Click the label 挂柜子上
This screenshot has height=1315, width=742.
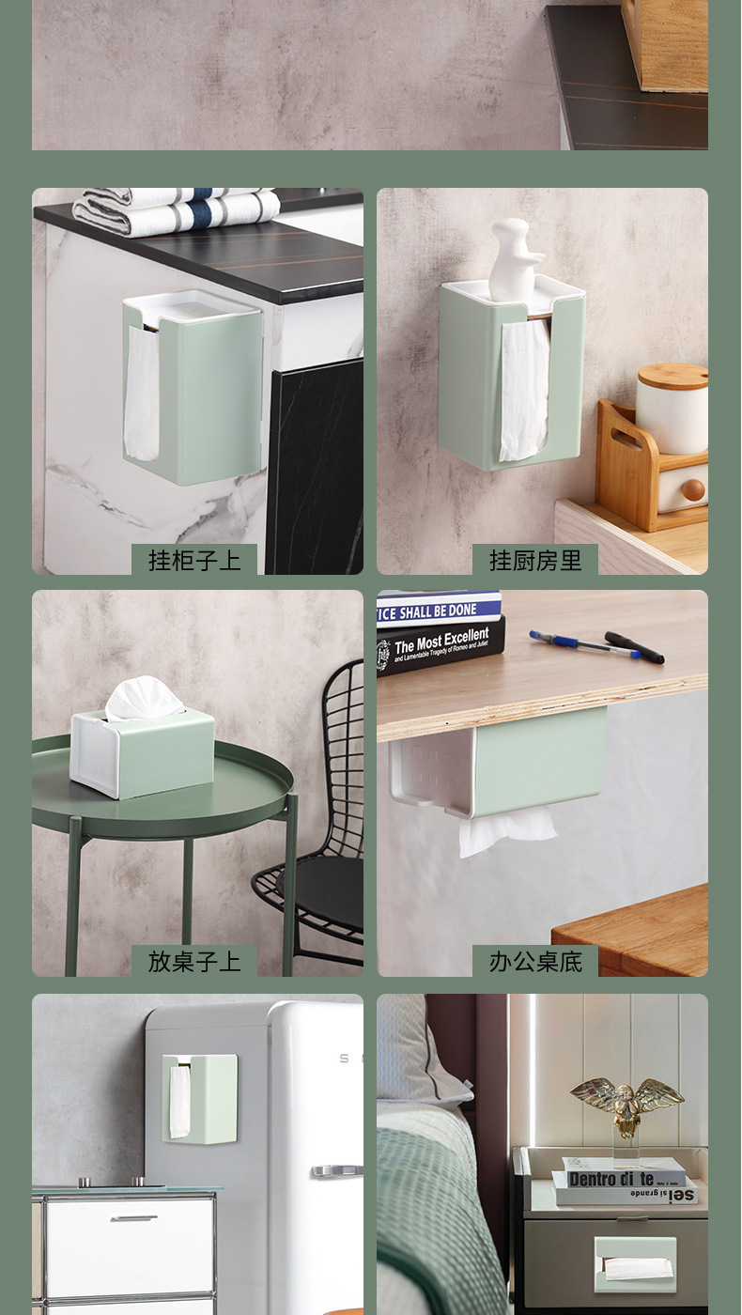point(194,561)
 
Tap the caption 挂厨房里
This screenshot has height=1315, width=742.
point(535,561)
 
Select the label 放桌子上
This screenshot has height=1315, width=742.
point(194,961)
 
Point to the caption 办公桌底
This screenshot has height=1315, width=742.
point(535,961)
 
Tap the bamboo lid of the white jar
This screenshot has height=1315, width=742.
point(672,376)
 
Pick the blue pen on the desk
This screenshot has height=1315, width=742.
point(582,644)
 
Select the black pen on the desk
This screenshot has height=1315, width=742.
point(635,647)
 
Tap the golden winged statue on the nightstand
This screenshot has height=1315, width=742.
point(626,1105)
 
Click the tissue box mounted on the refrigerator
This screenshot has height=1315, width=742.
point(199,1097)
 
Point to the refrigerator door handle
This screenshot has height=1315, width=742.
point(336,1170)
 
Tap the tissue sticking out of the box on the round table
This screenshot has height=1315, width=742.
point(144,699)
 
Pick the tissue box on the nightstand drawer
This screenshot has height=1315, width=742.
point(635,1264)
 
